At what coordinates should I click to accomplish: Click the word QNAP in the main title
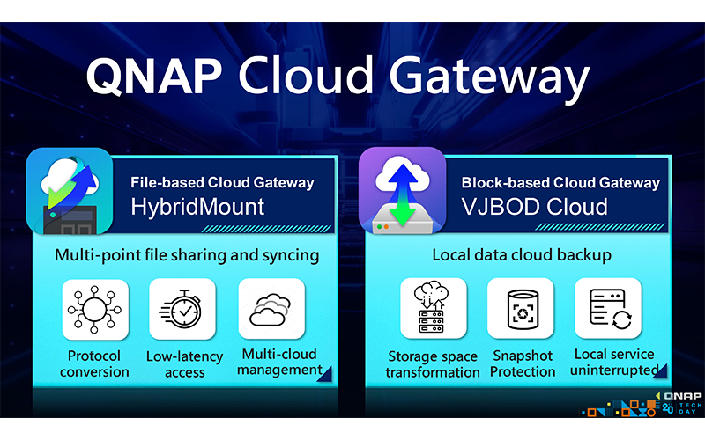(x=153, y=76)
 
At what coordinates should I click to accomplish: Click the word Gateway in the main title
(x=489, y=79)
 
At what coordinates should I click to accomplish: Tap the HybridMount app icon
(x=70, y=191)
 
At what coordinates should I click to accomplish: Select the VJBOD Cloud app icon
(x=402, y=190)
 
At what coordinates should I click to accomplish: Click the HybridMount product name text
(x=197, y=208)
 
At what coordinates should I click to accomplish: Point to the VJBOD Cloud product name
(x=534, y=207)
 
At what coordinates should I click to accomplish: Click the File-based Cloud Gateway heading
(x=222, y=182)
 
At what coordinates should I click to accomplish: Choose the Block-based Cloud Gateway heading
(x=560, y=182)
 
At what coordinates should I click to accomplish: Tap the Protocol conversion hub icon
(x=94, y=310)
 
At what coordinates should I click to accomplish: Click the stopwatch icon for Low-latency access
(x=182, y=309)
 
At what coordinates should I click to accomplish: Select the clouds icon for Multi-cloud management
(x=271, y=309)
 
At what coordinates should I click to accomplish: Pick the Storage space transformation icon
(x=433, y=308)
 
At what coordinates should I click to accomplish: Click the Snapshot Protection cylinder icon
(x=521, y=308)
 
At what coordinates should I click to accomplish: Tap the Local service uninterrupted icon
(x=608, y=308)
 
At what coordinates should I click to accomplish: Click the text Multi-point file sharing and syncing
(x=187, y=255)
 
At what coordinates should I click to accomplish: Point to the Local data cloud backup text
(x=522, y=255)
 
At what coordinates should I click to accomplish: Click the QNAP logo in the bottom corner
(x=682, y=396)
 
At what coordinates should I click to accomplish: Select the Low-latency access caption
(x=184, y=364)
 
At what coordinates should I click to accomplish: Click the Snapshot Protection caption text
(x=523, y=363)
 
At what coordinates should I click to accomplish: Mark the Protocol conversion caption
(x=94, y=363)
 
